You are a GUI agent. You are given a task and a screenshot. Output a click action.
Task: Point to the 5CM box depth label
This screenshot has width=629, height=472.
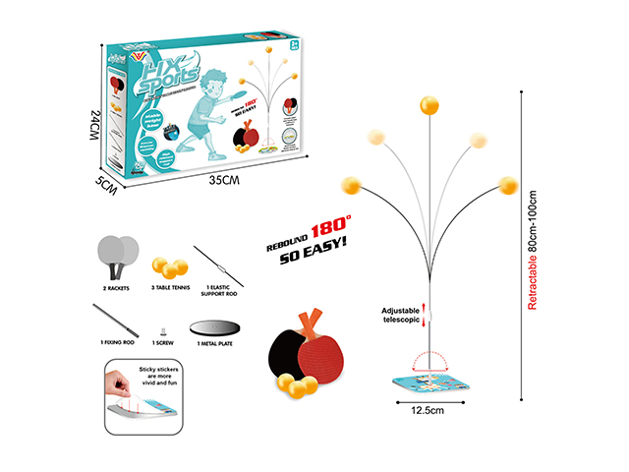pos(109,183)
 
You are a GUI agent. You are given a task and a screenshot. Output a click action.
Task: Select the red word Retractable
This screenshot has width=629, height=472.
pos(533,275)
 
